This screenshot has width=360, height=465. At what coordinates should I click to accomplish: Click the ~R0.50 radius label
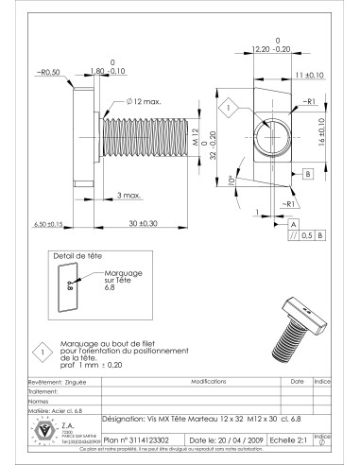point(47,72)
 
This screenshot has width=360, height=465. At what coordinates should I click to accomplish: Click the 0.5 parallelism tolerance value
point(305,235)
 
